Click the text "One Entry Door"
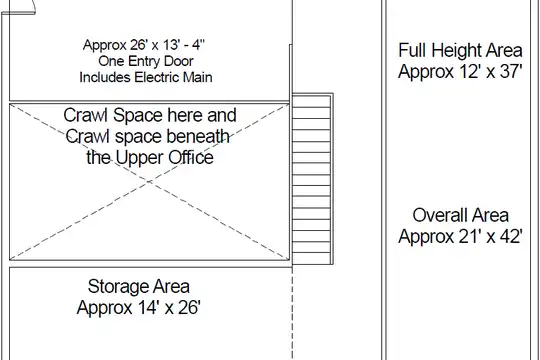146,61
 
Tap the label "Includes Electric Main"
146,77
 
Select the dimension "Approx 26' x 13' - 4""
144,45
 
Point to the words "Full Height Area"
460,50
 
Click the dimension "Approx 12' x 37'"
460,72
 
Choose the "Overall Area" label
460,215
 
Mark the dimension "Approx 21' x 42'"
460,237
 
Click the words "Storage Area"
138,286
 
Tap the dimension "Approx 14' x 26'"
138,307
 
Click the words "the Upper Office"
150,158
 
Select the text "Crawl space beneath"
148,136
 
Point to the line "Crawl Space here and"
150,115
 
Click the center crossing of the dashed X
149,182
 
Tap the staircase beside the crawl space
312,179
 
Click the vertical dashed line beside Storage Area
292,313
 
